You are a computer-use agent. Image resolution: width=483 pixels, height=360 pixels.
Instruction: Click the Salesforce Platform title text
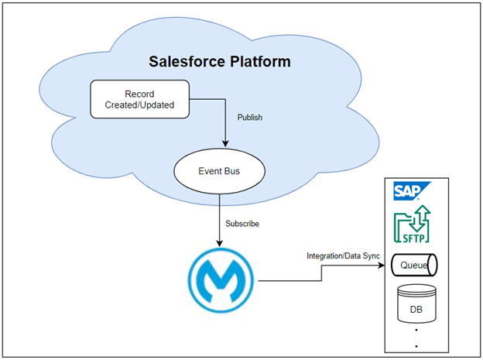(x=220, y=61)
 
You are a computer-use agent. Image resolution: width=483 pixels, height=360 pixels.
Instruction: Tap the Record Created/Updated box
(x=139, y=99)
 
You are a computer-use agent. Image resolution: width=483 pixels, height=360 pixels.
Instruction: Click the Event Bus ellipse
(x=219, y=171)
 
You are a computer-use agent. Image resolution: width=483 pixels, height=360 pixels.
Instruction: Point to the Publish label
(x=250, y=118)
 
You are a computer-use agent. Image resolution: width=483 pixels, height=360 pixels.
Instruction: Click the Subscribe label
(x=242, y=224)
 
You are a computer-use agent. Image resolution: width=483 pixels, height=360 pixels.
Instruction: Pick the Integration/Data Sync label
(x=344, y=255)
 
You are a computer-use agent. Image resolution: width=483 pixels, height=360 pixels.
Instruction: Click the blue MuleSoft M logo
(x=221, y=280)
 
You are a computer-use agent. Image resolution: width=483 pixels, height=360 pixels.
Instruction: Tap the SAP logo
(x=412, y=191)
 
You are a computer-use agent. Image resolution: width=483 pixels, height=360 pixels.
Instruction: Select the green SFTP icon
(x=412, y=224)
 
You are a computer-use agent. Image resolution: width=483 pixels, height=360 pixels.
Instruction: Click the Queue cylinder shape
(x=414, y=265)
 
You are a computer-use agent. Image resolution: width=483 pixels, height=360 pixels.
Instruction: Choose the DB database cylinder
(x=416, y=304)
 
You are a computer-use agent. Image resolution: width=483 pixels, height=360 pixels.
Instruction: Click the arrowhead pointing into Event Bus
(x=225, y=144)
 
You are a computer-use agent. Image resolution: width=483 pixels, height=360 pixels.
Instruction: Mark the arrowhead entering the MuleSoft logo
(x=219, y=244)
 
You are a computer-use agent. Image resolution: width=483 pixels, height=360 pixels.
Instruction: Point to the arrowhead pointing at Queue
(x=382, y=265)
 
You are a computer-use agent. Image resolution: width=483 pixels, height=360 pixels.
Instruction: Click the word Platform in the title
(x=260, y=61)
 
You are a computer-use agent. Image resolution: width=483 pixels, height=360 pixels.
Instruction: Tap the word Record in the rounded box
(x=139, y=94)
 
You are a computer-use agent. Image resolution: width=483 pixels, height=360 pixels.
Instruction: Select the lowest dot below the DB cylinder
(x=416, y=346)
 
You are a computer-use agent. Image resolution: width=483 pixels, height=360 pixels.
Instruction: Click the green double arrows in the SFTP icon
(x=420, y=218)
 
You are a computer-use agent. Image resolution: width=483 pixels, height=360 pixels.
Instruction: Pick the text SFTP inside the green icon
(x=413, y=238)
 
